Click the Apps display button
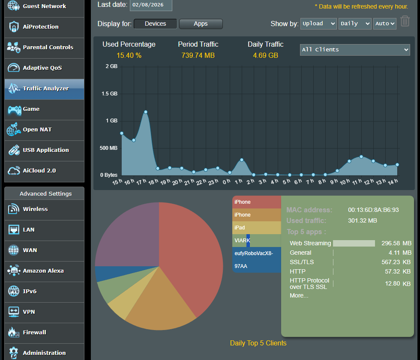point(201,24)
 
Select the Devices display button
point(155,24)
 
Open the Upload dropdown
point(318,24)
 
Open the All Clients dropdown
point(355,50)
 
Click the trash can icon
point(405,21)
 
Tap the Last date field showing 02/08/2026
point(151,5)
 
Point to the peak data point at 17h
point(146,112)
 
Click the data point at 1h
point(242,160)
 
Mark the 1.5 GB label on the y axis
point(109,94)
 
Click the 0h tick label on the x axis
point(227,181)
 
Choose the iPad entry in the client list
point(257,228)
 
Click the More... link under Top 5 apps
point(299,295)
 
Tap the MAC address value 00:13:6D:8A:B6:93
point(373,210)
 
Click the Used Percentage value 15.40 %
point(129,55)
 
